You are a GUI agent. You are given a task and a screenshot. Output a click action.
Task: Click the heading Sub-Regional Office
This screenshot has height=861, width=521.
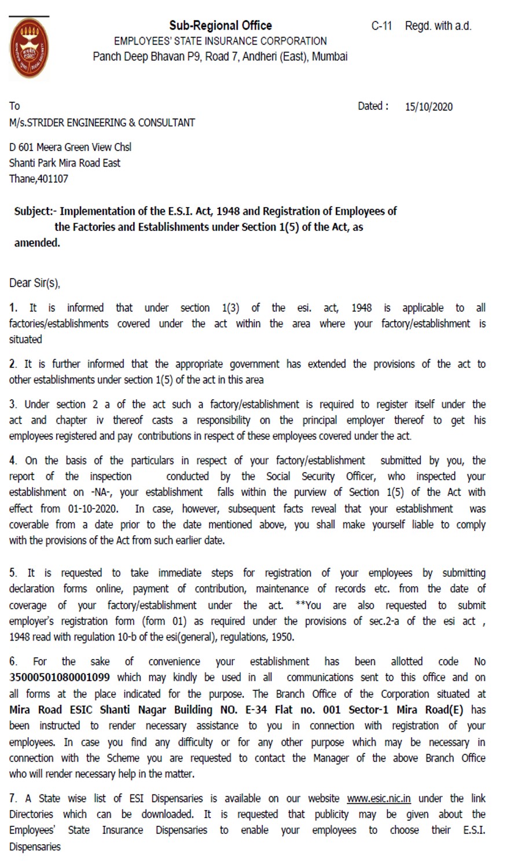click(220, 25)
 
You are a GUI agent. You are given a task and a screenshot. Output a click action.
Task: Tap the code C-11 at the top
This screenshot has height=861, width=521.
click(381, 26)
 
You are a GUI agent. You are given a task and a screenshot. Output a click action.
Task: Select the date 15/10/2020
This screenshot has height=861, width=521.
click(428, 106)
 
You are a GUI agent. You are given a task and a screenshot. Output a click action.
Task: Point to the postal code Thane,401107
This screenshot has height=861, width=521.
click(38, 179)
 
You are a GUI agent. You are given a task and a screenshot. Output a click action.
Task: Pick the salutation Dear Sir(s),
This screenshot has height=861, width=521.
click(35, 283)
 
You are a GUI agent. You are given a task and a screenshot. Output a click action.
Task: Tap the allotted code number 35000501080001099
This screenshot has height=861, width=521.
click(60, 677)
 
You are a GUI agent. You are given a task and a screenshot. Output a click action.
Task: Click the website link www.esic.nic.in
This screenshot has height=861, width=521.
click(379, 799)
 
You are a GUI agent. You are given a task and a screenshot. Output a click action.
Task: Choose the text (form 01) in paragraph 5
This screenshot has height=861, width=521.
click(164, 621)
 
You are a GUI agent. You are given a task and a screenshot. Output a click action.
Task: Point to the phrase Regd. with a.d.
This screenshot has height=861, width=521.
click(438, 26)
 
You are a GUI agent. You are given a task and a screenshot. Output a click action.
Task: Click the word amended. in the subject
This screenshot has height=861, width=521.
click(37, 243)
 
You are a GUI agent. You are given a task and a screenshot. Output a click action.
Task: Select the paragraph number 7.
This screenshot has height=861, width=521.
click(13, 799)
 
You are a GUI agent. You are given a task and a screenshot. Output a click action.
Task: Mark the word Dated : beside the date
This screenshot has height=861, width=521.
click(373, 106)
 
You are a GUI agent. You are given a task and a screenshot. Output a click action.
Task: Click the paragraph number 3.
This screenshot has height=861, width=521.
click(13, 404)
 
